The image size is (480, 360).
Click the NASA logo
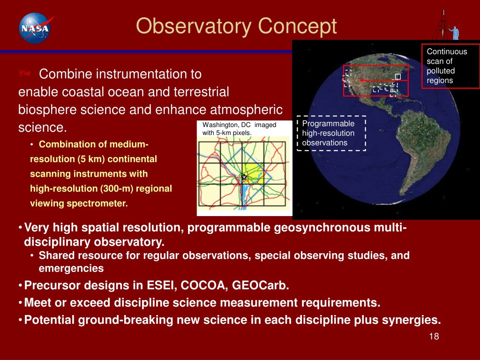tap(35, 28)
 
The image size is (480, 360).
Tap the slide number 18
tap(434, 337)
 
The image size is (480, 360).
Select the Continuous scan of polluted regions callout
tap(450, 66)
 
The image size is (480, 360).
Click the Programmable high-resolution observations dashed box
tap(331, 133)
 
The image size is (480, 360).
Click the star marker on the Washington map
tap(244, 177)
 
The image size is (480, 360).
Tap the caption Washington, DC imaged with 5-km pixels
tap(239, 129)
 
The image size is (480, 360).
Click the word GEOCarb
tap(261, 285)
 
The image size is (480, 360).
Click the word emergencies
tap(71, 269)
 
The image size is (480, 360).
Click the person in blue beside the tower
tap(455, 33)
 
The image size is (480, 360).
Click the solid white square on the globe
tap(397, 76)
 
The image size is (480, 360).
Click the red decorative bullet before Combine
tap(24, 73)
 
